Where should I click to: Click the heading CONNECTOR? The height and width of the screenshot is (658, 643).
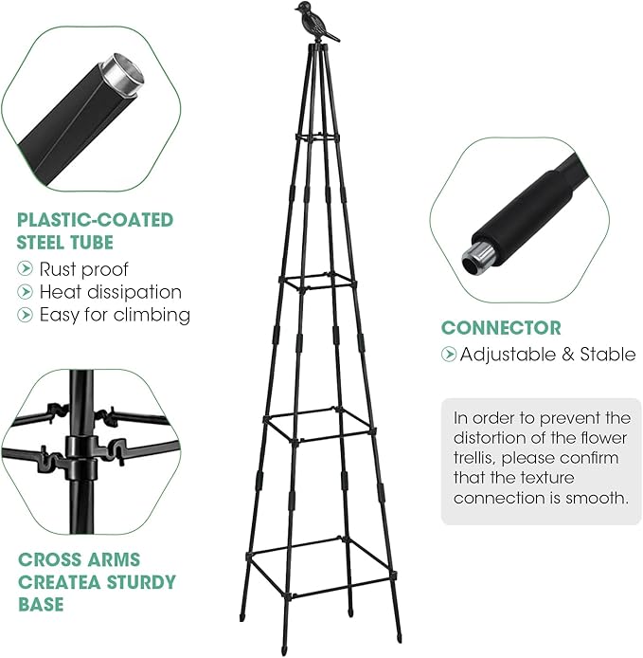pyautogui.click(x=501, y=328)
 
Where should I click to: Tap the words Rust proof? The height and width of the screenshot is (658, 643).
pyautogui.click(x=83, y=268)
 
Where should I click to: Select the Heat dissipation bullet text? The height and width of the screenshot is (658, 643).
pyautogui.click(x=110, y=291)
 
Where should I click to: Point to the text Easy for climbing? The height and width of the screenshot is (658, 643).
pyautogui.click(x=115, y=314)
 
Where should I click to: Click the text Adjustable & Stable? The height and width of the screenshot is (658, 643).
pyautogui.click(x=547, y=355)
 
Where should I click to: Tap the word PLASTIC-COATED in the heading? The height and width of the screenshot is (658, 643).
pyautogui.click(x=95, y=220)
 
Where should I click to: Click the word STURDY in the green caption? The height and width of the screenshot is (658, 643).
pyautogui.click(x=137, y=581)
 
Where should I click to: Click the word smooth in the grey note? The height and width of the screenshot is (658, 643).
pyautogui.click(x=597, y=497)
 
